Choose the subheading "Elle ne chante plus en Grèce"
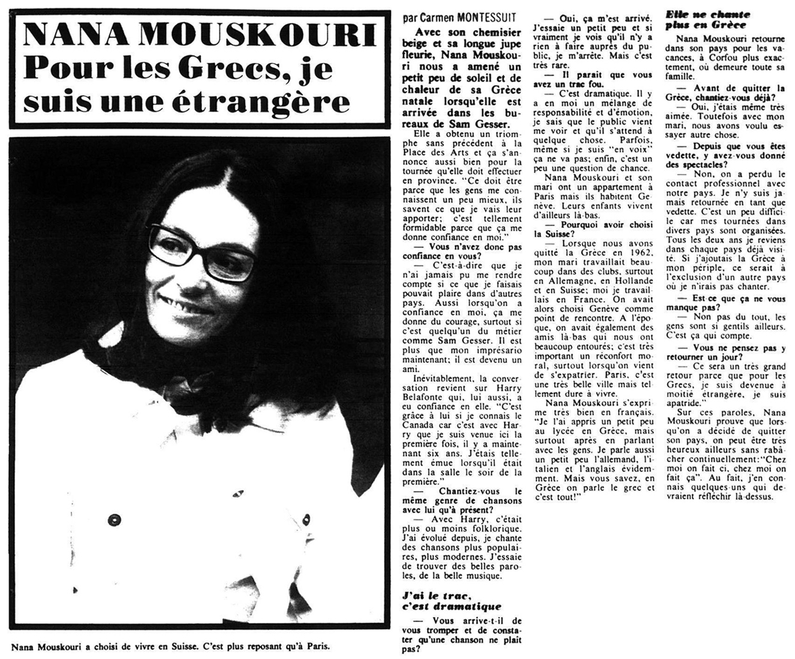point(707,19)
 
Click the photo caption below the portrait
point(170,648)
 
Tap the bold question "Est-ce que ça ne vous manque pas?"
point(726,303)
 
